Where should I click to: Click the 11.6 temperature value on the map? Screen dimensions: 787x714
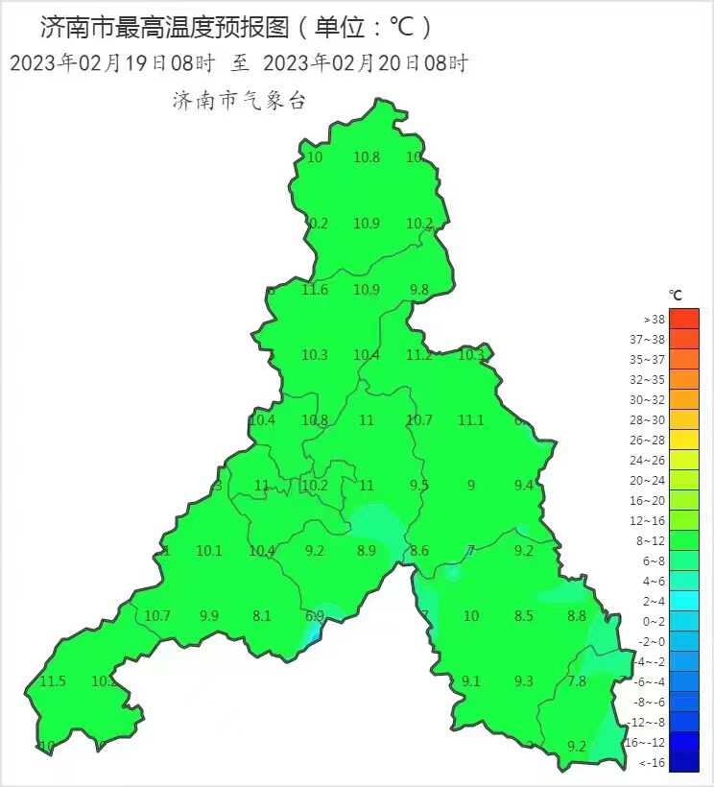(x=315, y=290)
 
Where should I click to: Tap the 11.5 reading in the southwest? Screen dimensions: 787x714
(x=53, y=681)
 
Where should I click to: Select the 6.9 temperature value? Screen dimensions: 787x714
(x=315, y=616)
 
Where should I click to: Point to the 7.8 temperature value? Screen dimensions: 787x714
(x=577, y=681)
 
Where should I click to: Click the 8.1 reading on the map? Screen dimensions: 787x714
(x=262, y=616)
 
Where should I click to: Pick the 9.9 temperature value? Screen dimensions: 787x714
(x=209, y=616)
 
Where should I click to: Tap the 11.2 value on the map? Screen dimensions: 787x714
(x=419, y=355)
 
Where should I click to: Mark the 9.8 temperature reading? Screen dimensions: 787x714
(x=419, y=290)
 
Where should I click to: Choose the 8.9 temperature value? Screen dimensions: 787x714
(x=367, y=551)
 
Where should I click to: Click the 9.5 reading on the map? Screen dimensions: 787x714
(x=419, y=486)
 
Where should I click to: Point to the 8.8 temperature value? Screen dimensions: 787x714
(x=577, y=616)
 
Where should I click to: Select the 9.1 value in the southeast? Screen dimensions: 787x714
(x=471, y=681)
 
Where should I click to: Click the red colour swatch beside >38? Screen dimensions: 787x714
(x=684, y=319)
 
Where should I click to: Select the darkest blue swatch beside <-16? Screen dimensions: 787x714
(x=684, y=763)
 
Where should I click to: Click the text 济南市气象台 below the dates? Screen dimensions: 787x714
(x=239, y=100)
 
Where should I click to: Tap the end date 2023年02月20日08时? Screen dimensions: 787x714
(x=366, y=64)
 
